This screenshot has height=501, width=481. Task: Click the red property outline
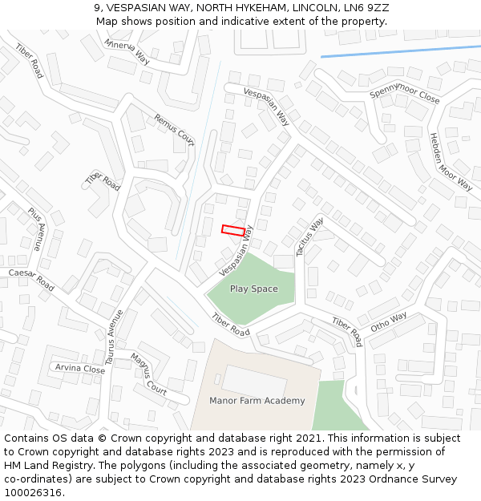233,231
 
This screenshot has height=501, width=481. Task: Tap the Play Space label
254,289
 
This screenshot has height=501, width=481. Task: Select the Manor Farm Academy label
257,401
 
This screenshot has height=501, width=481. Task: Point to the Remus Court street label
174,129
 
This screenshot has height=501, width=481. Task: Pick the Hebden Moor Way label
451,161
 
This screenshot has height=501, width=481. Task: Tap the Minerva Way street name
127,51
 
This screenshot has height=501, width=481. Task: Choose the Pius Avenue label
35,229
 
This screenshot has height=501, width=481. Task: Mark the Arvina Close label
79,369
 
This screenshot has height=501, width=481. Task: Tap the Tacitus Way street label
309,236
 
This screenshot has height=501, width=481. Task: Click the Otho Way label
389,322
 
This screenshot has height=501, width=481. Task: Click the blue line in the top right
401,51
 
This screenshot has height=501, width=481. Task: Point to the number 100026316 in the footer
32,493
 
